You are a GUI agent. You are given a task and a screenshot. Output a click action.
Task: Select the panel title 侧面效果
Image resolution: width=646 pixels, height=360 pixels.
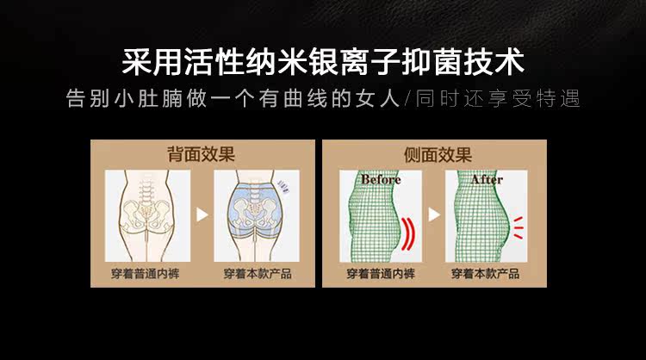pos(438,155)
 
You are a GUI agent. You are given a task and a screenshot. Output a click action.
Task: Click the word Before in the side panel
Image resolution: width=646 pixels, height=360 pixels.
pos(373,180)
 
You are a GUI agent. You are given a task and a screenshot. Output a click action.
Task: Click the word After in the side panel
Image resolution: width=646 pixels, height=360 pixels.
pos(487,180)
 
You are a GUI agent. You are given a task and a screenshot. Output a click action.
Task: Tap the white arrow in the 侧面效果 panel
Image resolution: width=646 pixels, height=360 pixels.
pos(435,214)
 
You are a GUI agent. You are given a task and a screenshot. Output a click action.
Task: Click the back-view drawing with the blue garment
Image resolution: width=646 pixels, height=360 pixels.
pos(256,215)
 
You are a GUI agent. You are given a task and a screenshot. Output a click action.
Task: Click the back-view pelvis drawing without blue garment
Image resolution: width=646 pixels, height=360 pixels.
pos(144,215)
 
